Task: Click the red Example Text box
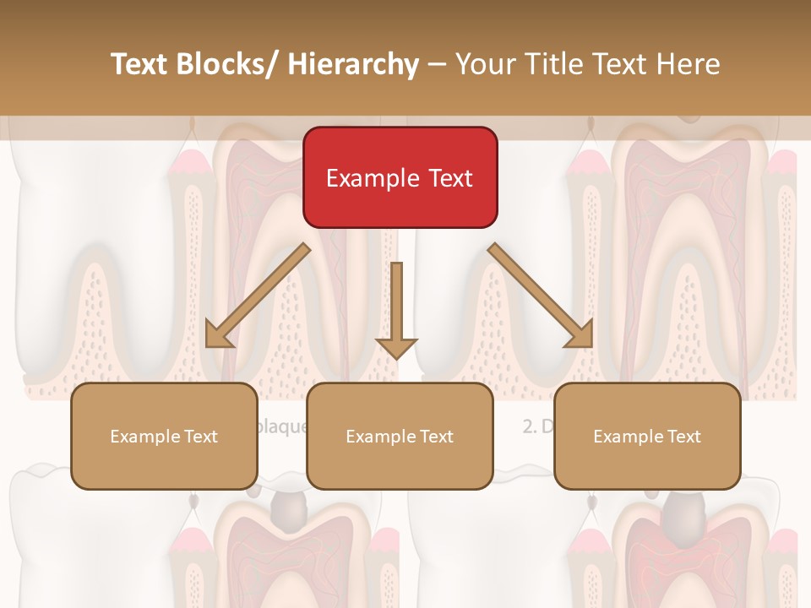click(x=400, y=177)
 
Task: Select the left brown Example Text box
click(x=164, y=436)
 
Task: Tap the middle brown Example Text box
click(x=400, y=436)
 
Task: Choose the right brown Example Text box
click(x=647, y=436)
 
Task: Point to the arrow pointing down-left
click(x=259, y=296)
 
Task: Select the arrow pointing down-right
click(x=541, y=296)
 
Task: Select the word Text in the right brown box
click(x=683, y=437)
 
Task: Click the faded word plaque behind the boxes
click(x=282, y=426)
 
